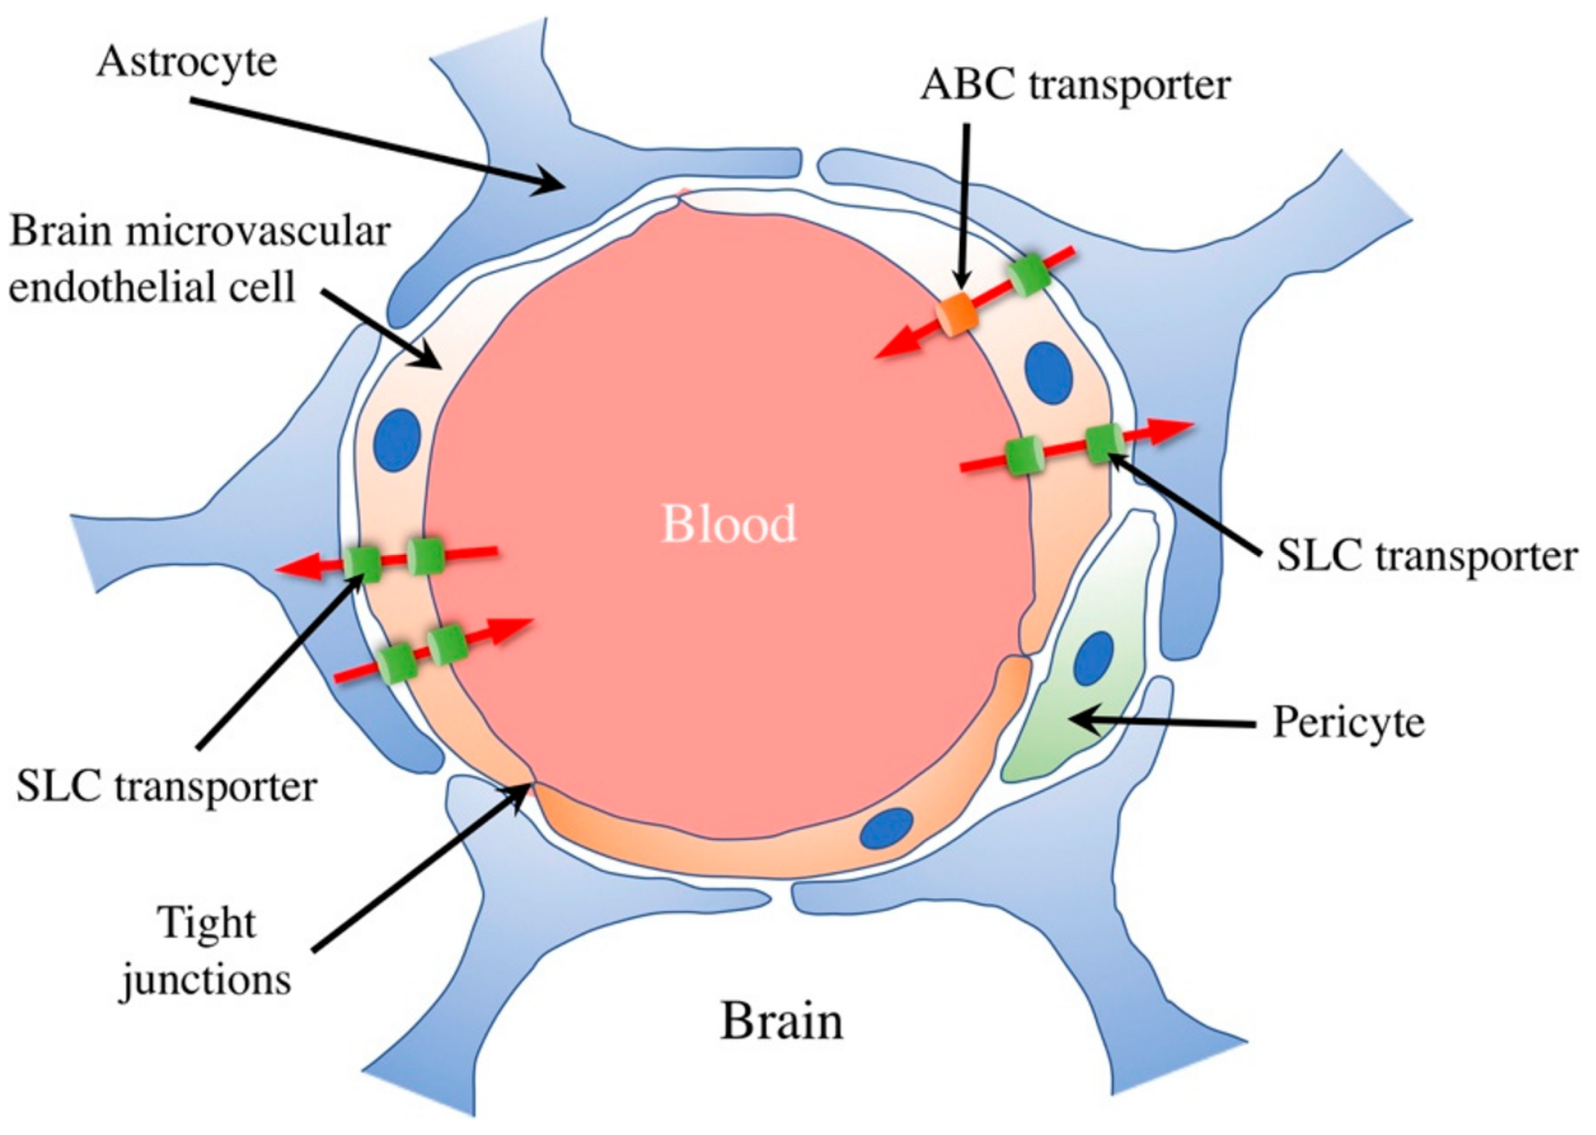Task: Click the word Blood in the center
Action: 728,523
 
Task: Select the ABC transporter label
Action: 1075,85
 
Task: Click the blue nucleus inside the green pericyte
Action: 1093,658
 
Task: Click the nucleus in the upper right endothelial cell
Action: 1048,373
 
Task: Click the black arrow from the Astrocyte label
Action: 377,142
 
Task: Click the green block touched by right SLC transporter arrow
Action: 1103,443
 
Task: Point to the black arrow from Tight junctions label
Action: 419,867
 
